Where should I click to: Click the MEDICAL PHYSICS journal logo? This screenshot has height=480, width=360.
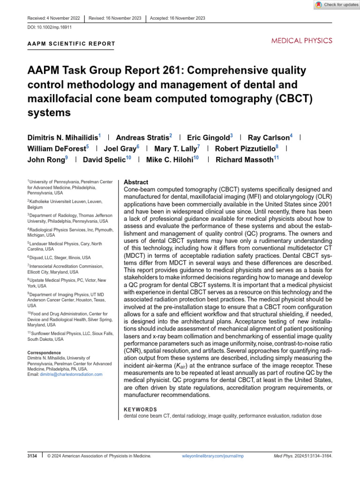pyautogui.click(x=302, y=41)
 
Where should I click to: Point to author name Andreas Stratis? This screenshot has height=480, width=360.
pyautogui.click(x=142, y=137)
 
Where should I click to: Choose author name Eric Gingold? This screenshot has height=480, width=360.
pyautogui.click(x=208, y=137)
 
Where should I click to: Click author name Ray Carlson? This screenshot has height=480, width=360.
pyautogui.click(x=269, y=137)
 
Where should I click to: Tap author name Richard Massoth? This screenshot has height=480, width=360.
pyautogui.click(x=244, y=160)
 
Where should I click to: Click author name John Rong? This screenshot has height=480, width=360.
pyautogui.click(x=47, y=160)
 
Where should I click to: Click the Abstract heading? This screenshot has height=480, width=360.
pyautogui.click(x=136, y=182)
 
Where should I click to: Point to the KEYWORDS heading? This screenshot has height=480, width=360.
pyautogui.click(x=140, y=409)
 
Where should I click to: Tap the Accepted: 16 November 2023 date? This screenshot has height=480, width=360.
pyautogui.click(x=177, y=18)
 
